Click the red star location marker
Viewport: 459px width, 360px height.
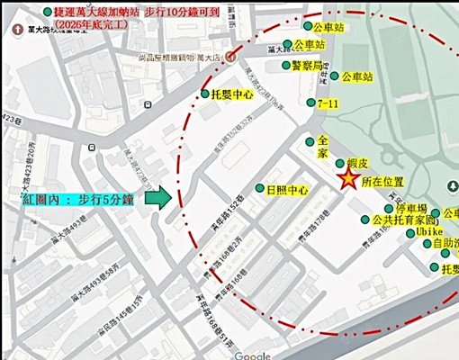348,178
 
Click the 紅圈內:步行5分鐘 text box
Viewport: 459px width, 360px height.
75,200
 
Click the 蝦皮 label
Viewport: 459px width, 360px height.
359,164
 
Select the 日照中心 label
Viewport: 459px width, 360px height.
287,190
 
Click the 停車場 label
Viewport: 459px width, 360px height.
414,208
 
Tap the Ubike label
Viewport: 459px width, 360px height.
432,232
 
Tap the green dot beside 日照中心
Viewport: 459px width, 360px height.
259,190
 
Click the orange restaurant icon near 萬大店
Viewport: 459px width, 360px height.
231,54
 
